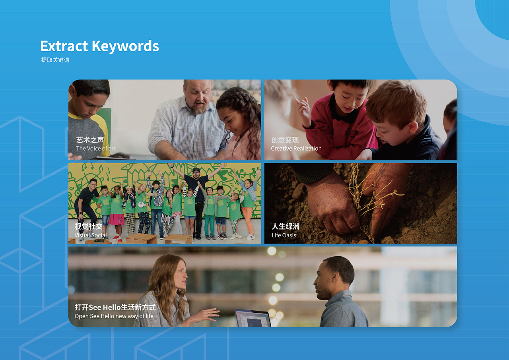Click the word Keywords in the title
(125, 46)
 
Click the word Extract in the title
(64, 46)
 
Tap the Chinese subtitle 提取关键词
(55, 60)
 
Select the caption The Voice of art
(96, 149)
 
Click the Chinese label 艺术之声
(90, 140)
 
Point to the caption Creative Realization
(296, 149)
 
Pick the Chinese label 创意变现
(285, 140)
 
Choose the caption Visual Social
(91, 235)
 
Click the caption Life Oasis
(284, 235)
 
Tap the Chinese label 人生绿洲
(286, 226)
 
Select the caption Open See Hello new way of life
(114, 316)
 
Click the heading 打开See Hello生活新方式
(115, 307)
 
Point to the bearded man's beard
(199, 108)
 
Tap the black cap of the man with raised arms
(196, 170)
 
